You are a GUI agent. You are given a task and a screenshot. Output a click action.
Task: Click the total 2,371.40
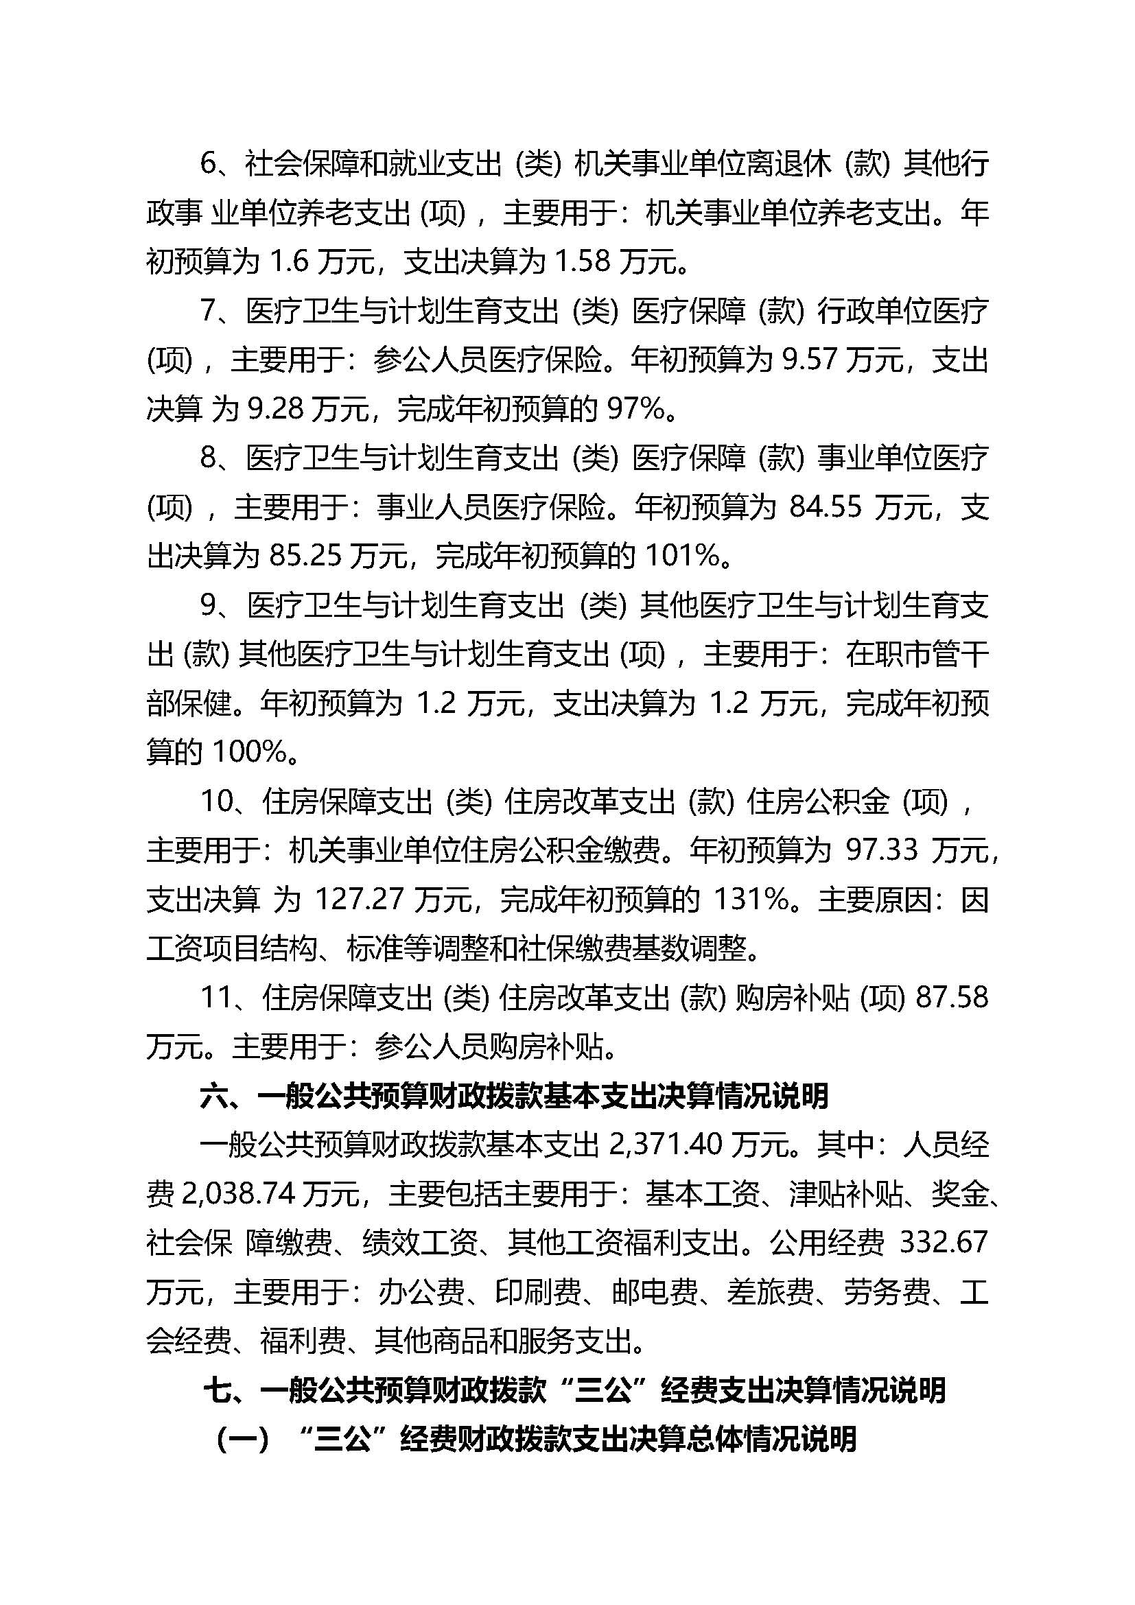click(x=666, y=1145)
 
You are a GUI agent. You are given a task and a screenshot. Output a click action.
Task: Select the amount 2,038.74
click(x=236, y=1194)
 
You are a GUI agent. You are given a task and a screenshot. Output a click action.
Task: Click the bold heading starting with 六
click(x=515, y=1096)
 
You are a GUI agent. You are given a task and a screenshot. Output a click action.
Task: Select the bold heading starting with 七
click(x=574, y=1390)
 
